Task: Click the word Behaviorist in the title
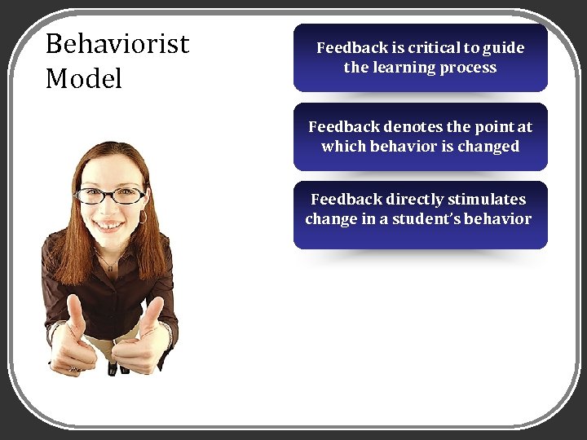(117, 43)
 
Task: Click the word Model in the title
(84, 79)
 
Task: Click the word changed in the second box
(488, 147)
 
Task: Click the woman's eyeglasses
(110, 196)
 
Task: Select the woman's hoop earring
(143, 218)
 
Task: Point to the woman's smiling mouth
(108, 225)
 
